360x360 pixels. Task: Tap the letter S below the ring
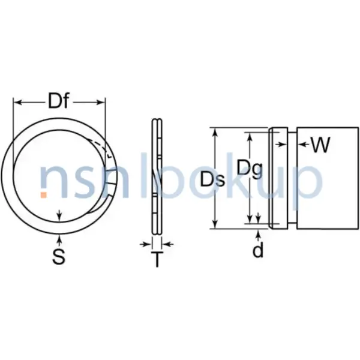tap(58, 257)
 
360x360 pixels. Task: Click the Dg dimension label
tap(248, 169)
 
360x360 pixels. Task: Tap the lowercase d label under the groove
tap(257, 250)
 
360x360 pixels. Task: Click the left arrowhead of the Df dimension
tap(17, 103)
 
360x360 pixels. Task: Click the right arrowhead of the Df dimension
tap(101, 103)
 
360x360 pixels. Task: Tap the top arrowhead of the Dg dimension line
tap(250, 137)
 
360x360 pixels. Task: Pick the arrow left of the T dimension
tap(145, 244)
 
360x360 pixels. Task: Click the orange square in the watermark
tap(44, 194)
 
